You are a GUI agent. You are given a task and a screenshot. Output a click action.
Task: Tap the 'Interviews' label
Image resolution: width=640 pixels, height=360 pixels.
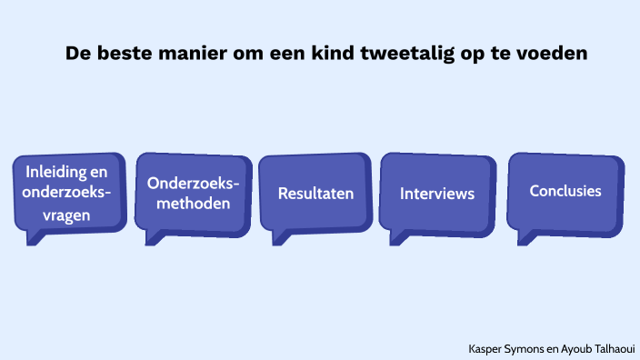click(437, 194)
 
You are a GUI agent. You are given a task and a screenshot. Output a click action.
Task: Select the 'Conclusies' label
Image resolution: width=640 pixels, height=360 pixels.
click(565, 191)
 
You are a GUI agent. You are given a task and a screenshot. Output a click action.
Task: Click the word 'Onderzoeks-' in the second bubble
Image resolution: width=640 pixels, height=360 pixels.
click(194, 183)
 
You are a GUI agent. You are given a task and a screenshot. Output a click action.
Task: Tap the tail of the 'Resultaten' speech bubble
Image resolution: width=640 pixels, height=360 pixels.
click(278, 238)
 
